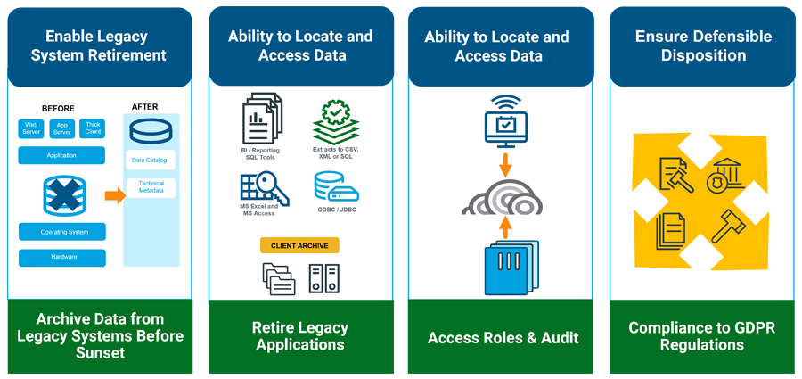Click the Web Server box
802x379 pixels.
(31, 128)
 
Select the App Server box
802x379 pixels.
(61, 128)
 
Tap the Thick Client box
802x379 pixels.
(92, 128)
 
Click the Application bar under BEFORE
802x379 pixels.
(61, 155)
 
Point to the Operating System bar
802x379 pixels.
(61, 231)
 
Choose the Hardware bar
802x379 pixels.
(61, 258)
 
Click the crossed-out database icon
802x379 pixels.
(62, 194)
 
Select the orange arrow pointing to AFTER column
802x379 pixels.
(114, 194)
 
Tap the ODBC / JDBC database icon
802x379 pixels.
(336, 187)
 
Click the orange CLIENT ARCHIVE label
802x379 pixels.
(299, 244)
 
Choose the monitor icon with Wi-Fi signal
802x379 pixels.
(504, 124)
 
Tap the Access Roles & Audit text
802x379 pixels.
(503, 338)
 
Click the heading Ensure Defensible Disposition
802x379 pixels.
(703, 46)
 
